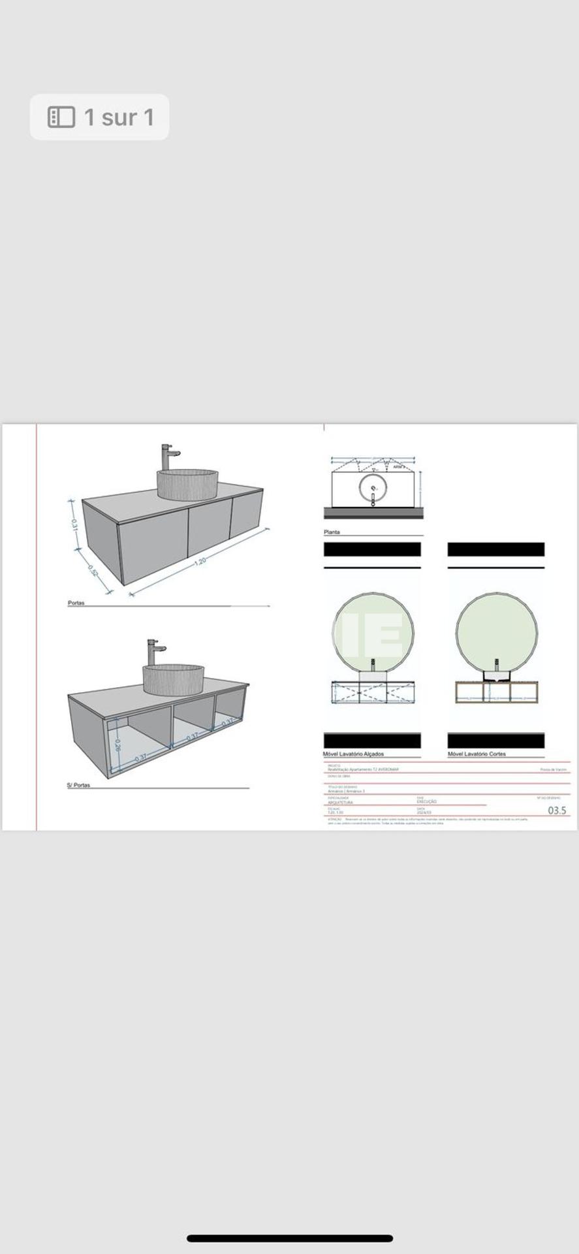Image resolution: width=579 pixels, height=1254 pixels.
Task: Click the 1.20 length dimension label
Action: pyautogui.click(x=200, y=560)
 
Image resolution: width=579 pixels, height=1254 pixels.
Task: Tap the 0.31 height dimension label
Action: pyautogui.click(x=75, y=524)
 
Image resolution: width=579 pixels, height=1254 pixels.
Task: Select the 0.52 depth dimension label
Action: pyautogui.click(x=93, y=570)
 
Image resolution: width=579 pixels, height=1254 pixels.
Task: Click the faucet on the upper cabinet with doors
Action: pyautogui.click(x=168, y=457)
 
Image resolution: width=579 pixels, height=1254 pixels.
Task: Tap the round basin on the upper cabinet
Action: pyautogui.click(x=187, y=484)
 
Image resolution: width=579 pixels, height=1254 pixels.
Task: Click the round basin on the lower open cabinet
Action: pyautogui.click(x=173, y=679)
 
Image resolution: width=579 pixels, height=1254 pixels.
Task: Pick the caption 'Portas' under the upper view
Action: pyautogui.click(x=76, y=603)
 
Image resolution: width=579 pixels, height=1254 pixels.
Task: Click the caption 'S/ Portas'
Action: pyautogui.click(x=78, y=785)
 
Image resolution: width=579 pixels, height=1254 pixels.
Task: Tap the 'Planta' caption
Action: pyautogui.click(x=332, y=532)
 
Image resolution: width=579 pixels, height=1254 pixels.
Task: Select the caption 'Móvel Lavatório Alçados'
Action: pyautogui.click(x=353, y=754)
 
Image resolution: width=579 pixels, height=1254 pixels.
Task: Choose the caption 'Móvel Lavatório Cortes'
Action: pyautogui.click(x=477, y=754)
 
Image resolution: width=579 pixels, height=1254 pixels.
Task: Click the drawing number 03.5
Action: pyautogui.click(x=557, y=811)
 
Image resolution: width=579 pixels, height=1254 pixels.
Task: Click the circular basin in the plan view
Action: pyautogui.click(x=373, y=487)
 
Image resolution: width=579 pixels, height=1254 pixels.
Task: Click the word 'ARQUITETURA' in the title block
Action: pyautogui.click(x=340, y=802)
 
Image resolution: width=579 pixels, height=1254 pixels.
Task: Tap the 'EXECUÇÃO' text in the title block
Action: pyautogui.click(x=426, y=801)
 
